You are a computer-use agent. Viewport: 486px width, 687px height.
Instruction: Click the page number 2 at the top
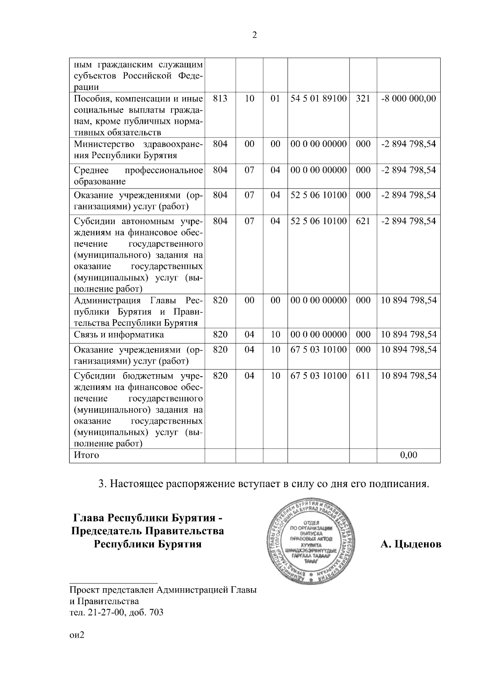click(254, 35)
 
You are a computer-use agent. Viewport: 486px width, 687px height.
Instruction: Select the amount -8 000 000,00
click(409, 99)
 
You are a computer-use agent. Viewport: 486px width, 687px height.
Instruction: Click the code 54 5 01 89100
click(319, 99)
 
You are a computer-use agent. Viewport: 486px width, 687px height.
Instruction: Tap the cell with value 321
click(363, 99)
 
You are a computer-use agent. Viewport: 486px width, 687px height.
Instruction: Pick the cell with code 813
click(220, 99)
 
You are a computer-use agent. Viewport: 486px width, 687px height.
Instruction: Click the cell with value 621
click(363, 221)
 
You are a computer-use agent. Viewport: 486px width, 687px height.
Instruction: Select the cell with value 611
click(363, 375)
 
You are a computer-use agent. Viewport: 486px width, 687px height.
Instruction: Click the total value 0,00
click(409, 455)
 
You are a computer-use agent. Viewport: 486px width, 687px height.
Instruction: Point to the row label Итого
click(86, 455)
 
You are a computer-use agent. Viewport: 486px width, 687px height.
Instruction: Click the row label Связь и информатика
click(119, 335)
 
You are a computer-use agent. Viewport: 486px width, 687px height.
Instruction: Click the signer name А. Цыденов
click(411, 544)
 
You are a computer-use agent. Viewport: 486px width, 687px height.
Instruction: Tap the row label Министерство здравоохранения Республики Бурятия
click(138, 150)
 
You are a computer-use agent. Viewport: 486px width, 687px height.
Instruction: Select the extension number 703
click(156, 612)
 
